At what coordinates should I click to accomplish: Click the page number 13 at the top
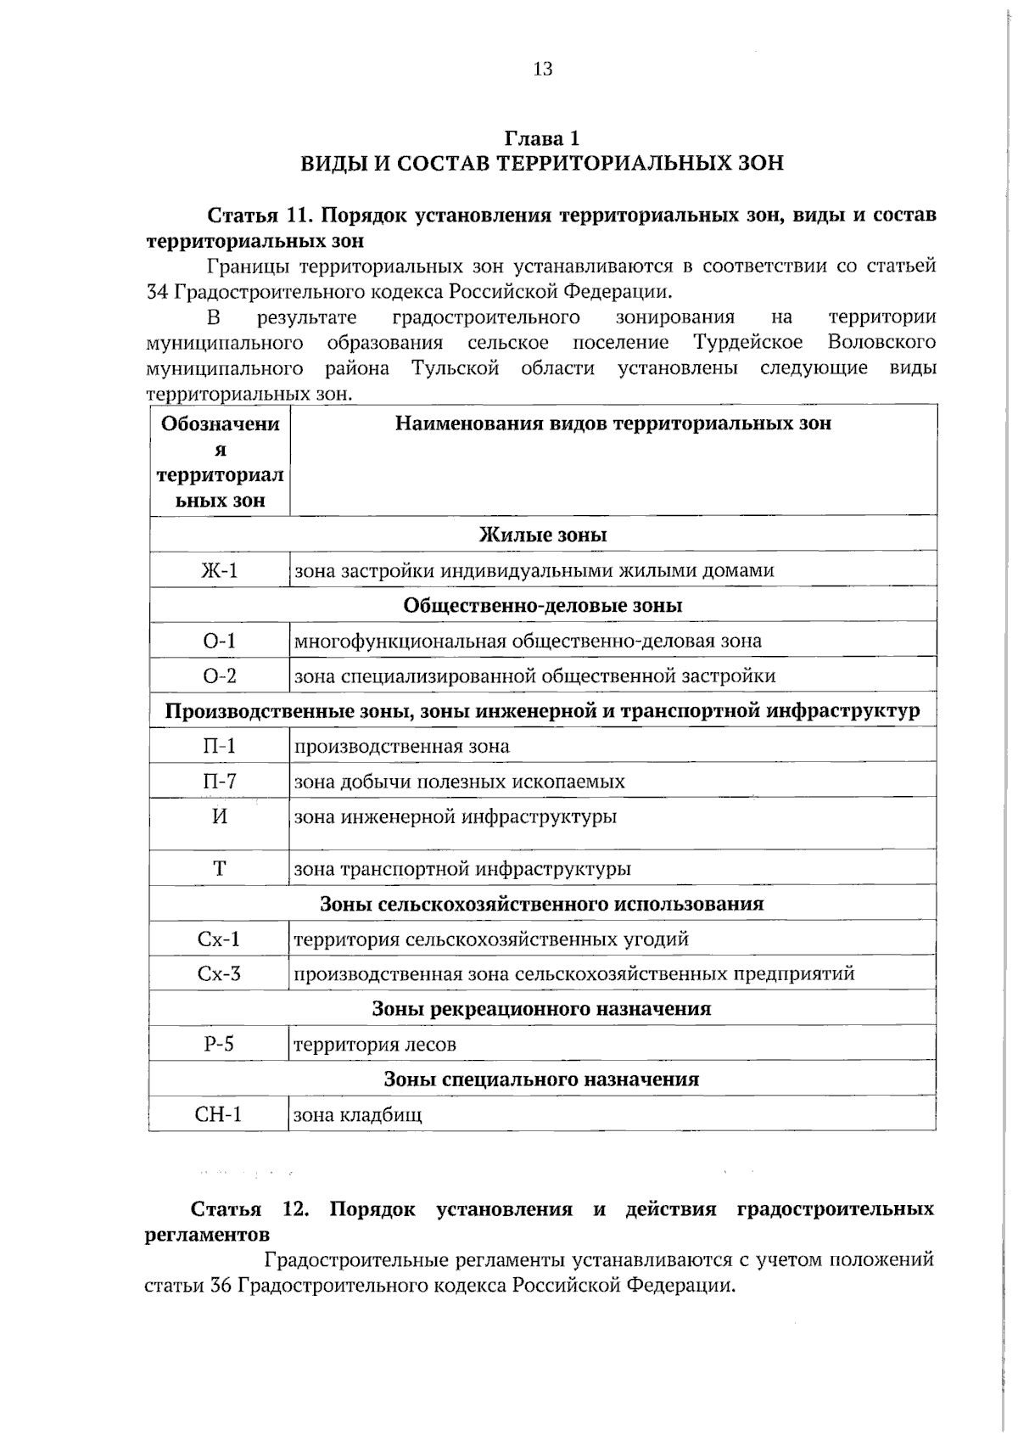(543, 69)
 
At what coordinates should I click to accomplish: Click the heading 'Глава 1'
(543, 137)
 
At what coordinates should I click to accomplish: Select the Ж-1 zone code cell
(220, 570)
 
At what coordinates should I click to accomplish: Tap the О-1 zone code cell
(220, 641)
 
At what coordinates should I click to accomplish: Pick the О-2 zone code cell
(220, 676)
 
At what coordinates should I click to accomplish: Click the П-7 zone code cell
(220, 781)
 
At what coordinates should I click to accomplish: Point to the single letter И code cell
(220, 816)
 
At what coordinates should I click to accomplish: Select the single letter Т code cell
(220, 868)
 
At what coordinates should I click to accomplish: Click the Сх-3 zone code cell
(220, 973)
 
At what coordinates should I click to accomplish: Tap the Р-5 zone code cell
(220, 1044)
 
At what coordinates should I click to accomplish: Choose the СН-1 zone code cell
(220, 1114)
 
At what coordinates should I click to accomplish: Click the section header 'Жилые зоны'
(543, 535)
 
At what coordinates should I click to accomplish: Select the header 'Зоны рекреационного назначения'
(542, 1009)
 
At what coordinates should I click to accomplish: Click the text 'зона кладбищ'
(358, 1115)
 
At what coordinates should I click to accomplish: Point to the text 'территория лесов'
(375, 1045)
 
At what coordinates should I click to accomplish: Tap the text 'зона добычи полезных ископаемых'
(460, 782)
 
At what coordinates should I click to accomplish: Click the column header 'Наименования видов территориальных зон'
(613, 423)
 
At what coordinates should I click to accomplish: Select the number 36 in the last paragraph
(221, 1285)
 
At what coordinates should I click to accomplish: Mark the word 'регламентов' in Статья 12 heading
(208, 1234)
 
